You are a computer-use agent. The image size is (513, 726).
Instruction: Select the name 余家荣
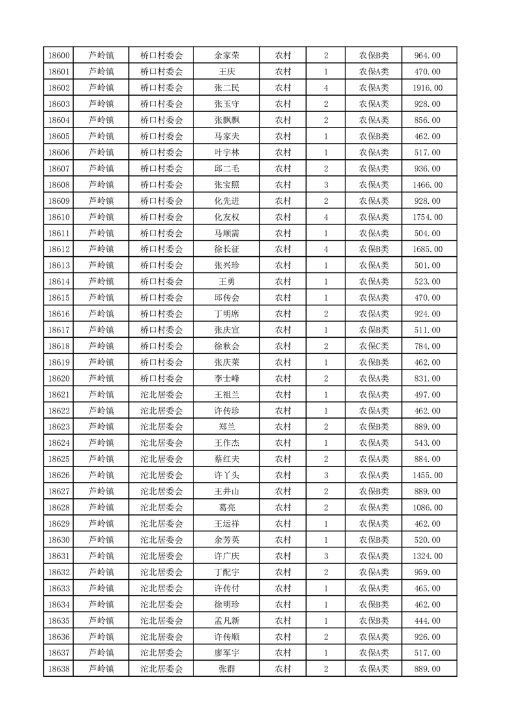226,56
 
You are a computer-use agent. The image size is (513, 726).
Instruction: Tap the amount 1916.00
428,88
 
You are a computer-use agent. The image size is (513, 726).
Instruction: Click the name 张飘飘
226,120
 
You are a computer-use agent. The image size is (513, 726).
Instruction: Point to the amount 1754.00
428,217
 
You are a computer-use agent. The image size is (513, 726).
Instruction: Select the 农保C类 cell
374,346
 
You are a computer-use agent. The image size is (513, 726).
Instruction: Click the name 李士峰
226,379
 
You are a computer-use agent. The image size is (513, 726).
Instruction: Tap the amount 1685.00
428,250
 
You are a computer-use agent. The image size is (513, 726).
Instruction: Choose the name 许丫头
226,476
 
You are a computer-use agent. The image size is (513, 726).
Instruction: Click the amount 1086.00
428,508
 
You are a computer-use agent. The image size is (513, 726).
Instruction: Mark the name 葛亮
226,508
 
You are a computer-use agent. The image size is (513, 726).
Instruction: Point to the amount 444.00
428,621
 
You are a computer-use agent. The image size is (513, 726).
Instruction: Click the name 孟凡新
226,621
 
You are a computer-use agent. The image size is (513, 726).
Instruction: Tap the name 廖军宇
226,654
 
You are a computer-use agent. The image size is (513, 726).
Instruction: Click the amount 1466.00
428,185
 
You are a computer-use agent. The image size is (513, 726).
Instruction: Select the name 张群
226,670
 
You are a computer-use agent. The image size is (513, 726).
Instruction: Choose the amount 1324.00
428,556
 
